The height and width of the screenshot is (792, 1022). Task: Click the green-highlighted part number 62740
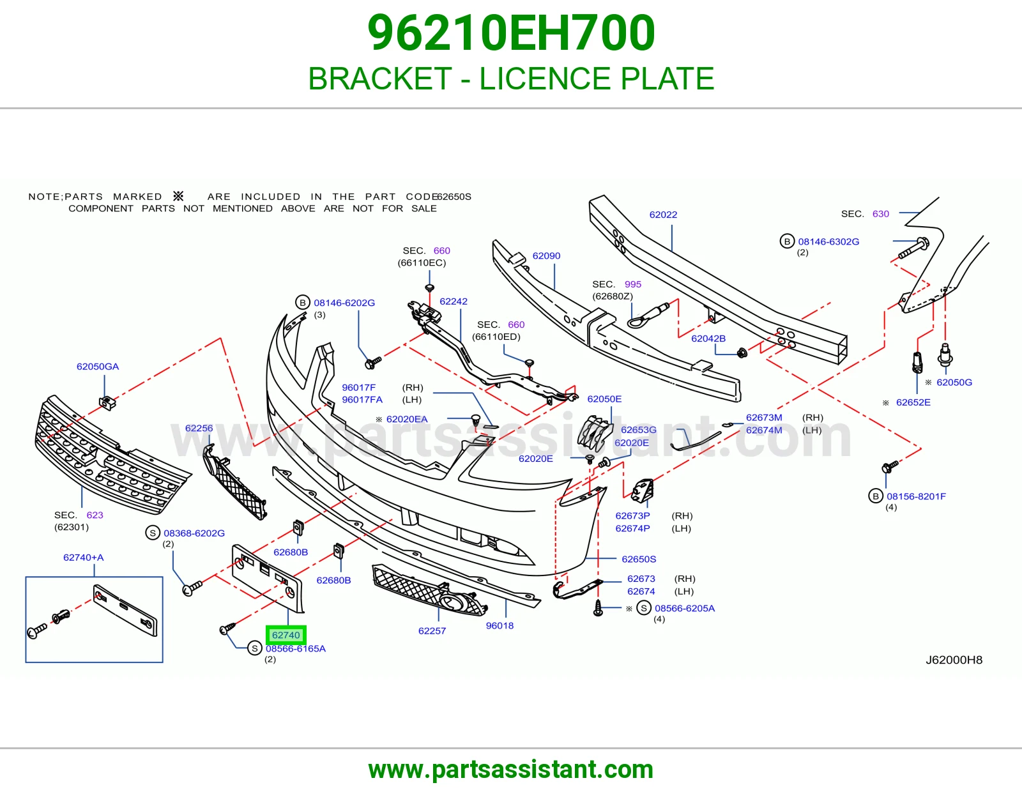click(286, 635)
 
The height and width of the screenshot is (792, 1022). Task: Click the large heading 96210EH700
click(511, 33)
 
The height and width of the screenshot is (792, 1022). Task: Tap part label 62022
click(663, 215)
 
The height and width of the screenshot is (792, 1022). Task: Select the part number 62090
click(546, 256)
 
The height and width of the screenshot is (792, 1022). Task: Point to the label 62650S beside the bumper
click(639, 560)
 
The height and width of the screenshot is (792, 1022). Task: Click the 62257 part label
click(432, 630)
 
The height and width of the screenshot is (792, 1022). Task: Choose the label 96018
click(500, 625)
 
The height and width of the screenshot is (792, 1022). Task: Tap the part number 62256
click(199, 428)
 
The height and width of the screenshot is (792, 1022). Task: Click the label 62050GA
click(98, 367)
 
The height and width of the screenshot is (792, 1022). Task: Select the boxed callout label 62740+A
click(83, 558)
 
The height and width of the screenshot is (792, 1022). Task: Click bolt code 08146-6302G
click(828, 241)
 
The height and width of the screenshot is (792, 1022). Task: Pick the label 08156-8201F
click(916, 496)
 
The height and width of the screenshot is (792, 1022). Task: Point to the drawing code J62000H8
click(954, 660)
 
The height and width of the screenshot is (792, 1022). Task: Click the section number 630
click(880, 213)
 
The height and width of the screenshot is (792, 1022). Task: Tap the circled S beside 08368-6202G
click(153, 533)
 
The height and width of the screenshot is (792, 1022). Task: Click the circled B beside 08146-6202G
click(302, 302)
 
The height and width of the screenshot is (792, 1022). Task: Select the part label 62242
click(454, 301)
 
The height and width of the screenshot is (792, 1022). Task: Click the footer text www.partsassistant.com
click(511, 769)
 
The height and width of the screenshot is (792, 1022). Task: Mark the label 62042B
click(708, 338)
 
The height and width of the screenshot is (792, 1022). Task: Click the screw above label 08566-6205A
click(599, 607)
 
